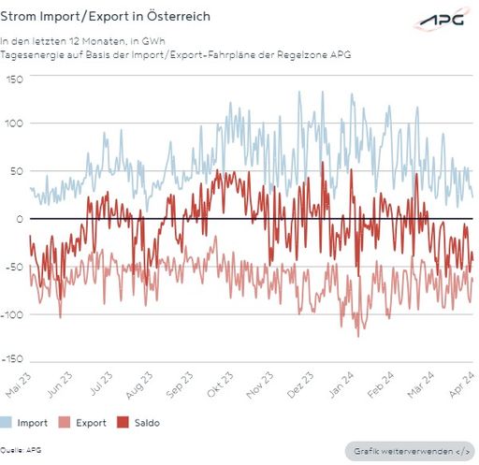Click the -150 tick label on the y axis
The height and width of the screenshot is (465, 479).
tap(12, 359)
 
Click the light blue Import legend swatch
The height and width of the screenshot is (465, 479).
tap(7, 423)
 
